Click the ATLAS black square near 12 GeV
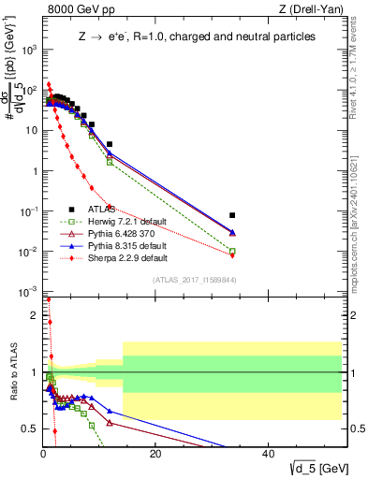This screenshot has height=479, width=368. (110, 145)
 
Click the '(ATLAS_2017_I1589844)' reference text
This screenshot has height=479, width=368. (200, 280)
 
